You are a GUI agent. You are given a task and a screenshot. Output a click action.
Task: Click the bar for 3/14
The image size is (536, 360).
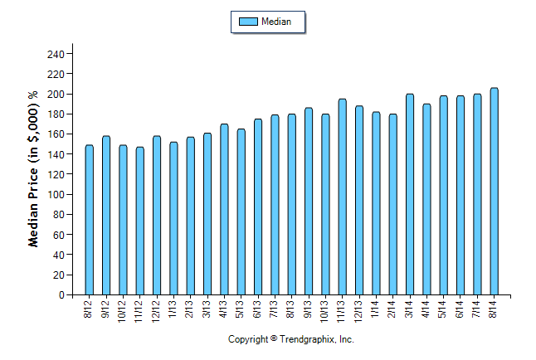410,194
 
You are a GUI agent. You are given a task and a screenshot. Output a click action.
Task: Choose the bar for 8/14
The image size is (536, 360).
494,191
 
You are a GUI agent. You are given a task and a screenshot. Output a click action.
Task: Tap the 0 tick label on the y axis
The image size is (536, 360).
61,294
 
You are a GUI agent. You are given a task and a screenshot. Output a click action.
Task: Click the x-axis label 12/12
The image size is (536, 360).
156,309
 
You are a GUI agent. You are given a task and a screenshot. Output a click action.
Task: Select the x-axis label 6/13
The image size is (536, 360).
258,308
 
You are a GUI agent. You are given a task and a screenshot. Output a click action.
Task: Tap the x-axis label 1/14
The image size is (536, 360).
376,308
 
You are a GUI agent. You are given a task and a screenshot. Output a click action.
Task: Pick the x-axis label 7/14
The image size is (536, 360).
477,308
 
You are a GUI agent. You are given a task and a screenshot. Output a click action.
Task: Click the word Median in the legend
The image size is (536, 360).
276,22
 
